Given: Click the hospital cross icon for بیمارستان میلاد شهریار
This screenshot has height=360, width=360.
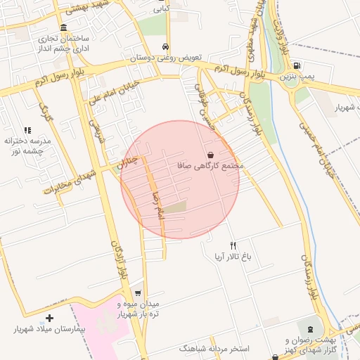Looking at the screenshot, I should pos(49,318).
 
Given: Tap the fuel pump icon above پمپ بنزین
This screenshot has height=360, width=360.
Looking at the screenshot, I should pos(296,64).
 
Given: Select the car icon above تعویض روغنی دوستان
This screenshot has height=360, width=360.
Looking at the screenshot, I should pos(165,46).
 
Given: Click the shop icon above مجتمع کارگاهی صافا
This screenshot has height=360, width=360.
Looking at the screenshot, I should pos(210,155).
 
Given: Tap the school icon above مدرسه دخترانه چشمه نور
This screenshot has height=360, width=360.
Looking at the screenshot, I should pos(28,130).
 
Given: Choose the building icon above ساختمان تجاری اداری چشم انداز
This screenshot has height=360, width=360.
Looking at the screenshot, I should pos(63,27).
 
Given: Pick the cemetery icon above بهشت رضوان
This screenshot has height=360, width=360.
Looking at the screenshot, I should pos(307,328).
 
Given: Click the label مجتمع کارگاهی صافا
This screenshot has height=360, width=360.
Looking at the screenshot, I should pos(210,166).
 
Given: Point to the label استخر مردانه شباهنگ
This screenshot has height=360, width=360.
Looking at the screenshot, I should pos(213,348).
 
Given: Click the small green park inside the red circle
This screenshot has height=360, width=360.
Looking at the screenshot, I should pos(178,207).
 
